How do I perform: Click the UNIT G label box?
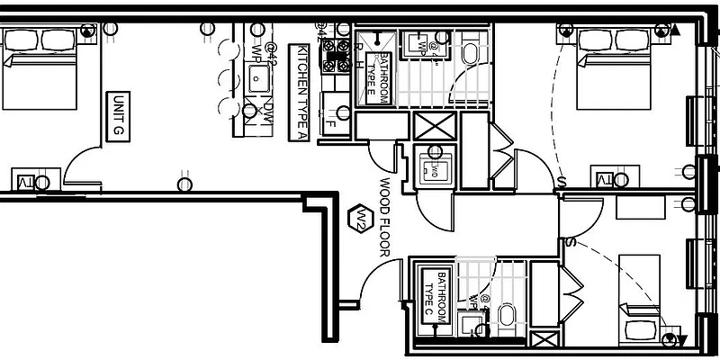116,114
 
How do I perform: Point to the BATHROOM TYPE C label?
435,296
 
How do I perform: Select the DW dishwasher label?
267,112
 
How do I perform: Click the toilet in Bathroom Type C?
506,315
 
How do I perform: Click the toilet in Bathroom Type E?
471,55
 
